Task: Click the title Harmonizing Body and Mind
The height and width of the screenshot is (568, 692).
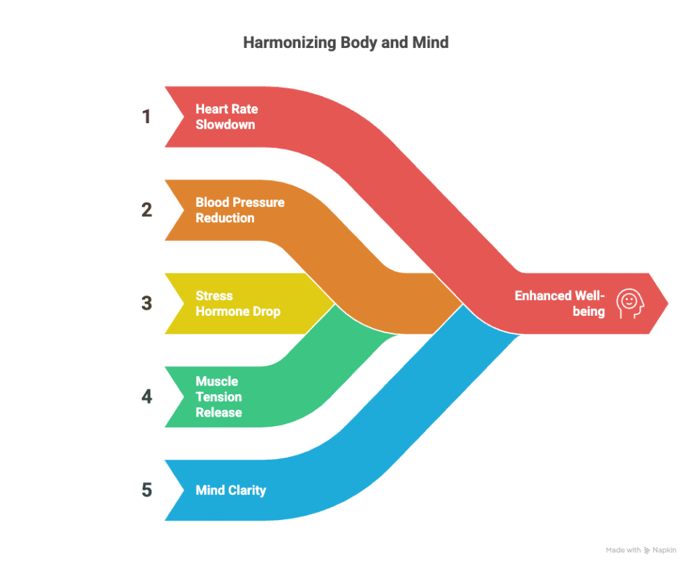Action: pos(345,43)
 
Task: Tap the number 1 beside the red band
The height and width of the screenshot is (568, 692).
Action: pos(147,117)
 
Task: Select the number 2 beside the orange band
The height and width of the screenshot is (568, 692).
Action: pos(147,210)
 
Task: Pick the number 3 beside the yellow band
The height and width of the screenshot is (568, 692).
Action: pos(147,304)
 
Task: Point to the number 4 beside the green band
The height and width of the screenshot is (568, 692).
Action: pos(147,397)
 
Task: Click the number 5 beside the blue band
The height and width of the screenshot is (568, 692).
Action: pos(147,490)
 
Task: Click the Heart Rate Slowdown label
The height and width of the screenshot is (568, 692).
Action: pos(226,117)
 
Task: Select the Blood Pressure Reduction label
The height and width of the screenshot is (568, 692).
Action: pos(240,210)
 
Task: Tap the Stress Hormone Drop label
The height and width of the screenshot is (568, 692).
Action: pos(237,304)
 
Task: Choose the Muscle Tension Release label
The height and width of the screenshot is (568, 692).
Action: pos(219,397)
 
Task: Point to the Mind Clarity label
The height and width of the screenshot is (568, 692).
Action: pos(230,490)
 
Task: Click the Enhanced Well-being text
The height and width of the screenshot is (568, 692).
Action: pos(560,304)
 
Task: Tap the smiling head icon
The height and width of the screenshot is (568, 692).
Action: pos(629,304)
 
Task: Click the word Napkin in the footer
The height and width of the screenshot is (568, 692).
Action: pos(666,550)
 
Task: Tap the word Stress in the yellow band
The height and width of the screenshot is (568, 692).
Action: pos(214,296)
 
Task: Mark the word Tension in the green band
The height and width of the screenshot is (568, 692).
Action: pos(219,397)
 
